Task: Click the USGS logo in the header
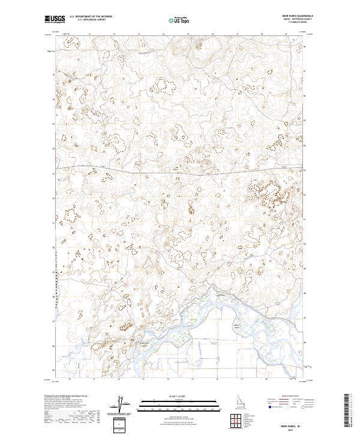point(55,19)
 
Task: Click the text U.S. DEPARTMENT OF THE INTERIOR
point(91,17)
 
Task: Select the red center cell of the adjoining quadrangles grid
point(240,418)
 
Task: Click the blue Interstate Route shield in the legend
point(266,406)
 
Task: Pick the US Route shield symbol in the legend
point(280,406)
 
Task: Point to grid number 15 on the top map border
point(188,34)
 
